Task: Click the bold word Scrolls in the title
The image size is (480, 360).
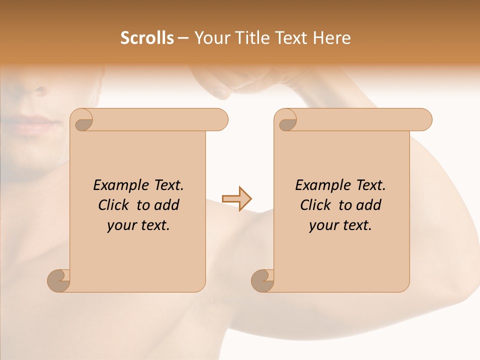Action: point(147,38)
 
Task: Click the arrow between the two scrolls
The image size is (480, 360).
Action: point(237,198)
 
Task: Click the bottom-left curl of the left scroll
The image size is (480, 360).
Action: point(58,280)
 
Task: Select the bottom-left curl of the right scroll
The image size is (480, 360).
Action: point(262,280)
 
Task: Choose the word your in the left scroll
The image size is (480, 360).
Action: point(121,225)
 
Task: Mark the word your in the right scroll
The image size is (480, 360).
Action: point(323,225)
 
